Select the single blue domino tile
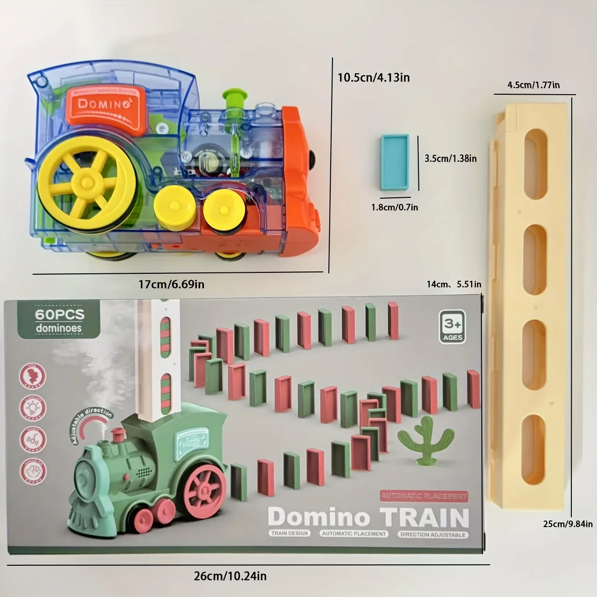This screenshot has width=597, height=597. click(395, 162)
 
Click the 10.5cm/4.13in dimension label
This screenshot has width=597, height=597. click(374, 77)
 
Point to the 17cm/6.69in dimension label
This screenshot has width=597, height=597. click(171, 284)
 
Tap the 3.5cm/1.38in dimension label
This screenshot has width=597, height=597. click(450, 159)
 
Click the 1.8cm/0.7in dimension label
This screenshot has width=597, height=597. click(395, 207)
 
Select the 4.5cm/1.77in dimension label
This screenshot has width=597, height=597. click(534, 85)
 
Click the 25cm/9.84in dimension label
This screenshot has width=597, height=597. click(568, 524)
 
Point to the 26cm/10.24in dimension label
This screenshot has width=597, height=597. click(230, 576)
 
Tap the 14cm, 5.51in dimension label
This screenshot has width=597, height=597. click(453, 284)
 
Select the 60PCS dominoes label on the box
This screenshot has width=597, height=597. click(60, 320)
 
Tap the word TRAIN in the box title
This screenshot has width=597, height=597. click(424, 517)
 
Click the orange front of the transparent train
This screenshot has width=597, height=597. click(301, 182)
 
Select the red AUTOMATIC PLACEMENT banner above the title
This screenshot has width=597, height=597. click(423, 496)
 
